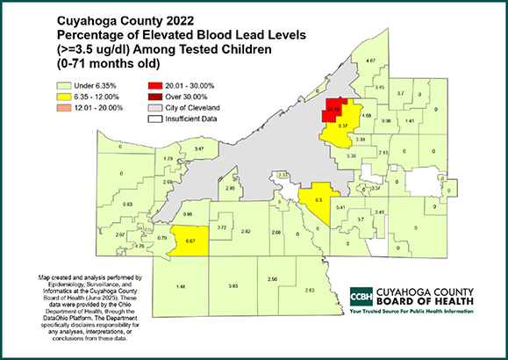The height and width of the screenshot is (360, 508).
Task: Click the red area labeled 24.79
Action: tap(333, 110)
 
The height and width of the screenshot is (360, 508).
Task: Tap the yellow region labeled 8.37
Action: tap(343, 126)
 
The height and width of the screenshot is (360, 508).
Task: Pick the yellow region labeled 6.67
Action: tap(190, 241)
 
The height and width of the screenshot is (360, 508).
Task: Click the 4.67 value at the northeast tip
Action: tap(371, 61)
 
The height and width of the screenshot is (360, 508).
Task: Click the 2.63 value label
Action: tap(309, 291)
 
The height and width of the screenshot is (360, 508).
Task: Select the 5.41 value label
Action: tap(352, 206)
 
